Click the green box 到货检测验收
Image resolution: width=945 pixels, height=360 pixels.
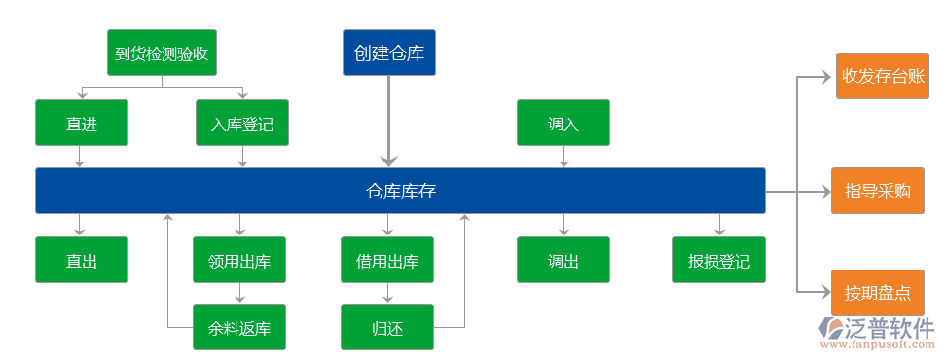[x=162, y=53]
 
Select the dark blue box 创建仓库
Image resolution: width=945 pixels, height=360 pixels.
[x=389, y=53]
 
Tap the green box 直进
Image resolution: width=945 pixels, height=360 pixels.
[x=82, y=124]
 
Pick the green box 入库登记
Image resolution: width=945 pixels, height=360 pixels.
[x=242, y=124]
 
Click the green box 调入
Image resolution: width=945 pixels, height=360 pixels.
[x=563, y=124]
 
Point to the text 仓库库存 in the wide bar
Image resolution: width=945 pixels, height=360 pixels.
[x=400, y=191]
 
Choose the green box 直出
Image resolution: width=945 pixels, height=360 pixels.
[x=82, y=261]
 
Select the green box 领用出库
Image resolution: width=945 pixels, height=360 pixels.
[x=239, y=261]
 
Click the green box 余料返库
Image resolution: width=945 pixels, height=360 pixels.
[x=239, y=327]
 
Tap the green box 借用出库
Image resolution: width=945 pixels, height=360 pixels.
[x=387, y=261]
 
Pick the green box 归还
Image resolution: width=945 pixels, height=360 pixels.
[x=387, y=327]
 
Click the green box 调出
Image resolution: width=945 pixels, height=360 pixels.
[x=563, y=261]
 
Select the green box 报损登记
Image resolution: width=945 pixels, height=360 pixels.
[x=719, y=261]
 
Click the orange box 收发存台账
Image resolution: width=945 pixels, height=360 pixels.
[x=883, y=75]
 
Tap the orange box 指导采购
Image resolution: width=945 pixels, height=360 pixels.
[x=877, y=191]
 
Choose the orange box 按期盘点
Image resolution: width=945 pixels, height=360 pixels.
[x=877, y=293]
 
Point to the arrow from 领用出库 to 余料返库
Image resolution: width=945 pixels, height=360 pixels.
[x=239, y=293]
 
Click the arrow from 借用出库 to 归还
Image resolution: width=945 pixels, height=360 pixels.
[x=387, y=293]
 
